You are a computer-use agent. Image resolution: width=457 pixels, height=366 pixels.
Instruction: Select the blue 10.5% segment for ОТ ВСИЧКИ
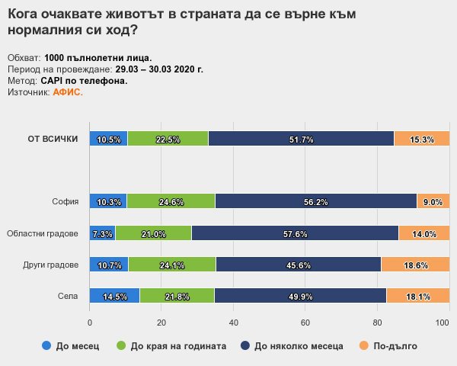(x=109, y=139)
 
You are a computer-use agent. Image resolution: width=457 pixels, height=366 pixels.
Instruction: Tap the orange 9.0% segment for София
(x=433, y=202)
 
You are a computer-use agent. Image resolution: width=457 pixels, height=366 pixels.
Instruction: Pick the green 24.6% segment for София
(x=171, y=202)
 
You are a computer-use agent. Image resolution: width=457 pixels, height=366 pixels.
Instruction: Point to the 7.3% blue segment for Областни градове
(x=103, y=233)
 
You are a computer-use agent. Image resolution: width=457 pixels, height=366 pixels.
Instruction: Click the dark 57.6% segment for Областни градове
(x=295, y=233)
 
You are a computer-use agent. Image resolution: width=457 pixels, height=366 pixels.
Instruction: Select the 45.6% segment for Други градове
(x=298, y=265)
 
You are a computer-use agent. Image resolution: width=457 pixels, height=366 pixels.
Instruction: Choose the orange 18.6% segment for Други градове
(x=416, y=265)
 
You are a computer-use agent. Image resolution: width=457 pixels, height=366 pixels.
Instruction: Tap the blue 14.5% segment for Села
(x=115, y=296)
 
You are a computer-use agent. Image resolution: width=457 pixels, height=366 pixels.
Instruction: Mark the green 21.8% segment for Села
(x=177, y=296)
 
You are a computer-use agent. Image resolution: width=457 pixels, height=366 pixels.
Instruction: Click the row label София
(x=66, y=202)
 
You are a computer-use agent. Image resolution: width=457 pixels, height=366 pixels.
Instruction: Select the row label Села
(x=68, y=296)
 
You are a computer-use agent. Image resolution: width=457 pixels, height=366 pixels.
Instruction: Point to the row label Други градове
(x=52, y=265)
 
